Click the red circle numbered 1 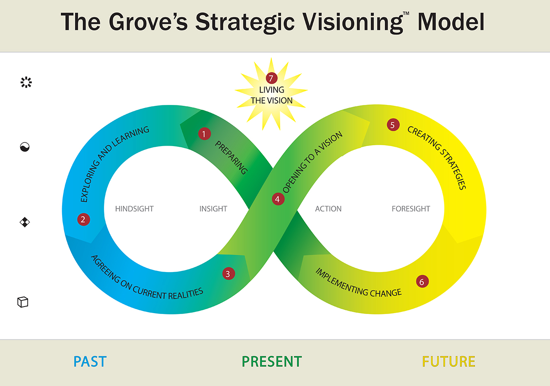204,134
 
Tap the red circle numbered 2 83,219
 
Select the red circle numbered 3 229,274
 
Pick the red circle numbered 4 278,199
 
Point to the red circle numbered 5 393,125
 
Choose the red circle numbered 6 422,282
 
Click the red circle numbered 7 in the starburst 271,78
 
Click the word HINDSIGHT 134,209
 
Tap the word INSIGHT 213,209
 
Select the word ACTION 328,209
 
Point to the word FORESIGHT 411,209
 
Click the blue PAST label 90,362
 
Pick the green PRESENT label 272,362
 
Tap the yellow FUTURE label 448,362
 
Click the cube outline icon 23,302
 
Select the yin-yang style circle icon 25,147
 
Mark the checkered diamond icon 25,222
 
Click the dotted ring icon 26,82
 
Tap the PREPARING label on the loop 231,158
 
